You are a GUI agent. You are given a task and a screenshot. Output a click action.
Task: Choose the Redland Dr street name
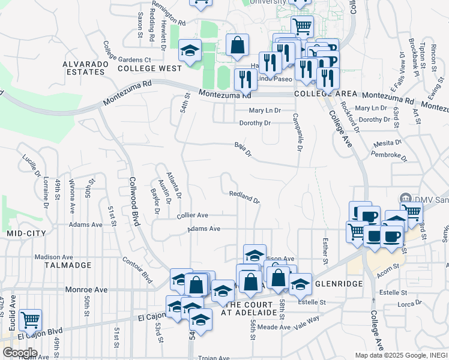click(244, 196)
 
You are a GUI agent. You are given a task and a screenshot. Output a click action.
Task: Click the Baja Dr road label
click(243, 149)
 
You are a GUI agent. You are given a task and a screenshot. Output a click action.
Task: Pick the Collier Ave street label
click(192, 215)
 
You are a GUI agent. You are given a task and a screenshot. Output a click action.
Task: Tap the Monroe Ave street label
click(88, 289)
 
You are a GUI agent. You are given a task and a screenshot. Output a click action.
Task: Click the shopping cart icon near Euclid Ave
click(30, 320)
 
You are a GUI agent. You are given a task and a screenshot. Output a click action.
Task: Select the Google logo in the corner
click(20, 352)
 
